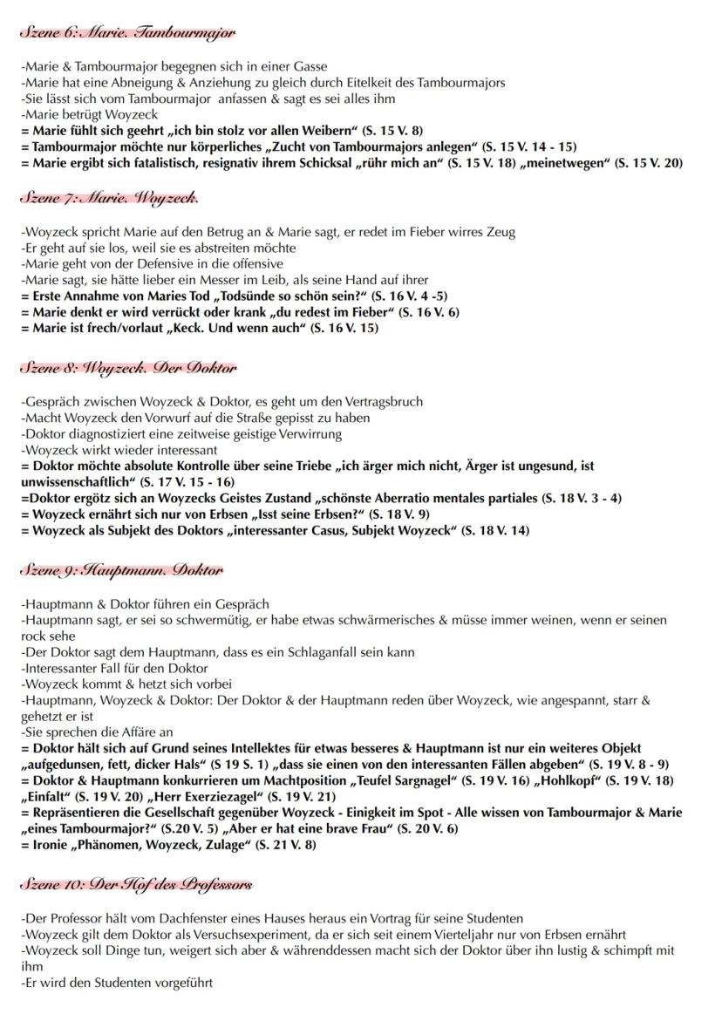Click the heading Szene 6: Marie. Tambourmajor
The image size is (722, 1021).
[128, 33]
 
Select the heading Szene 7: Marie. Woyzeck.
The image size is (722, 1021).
[110, 198]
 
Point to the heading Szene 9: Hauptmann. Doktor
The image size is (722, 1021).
[122, 570]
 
